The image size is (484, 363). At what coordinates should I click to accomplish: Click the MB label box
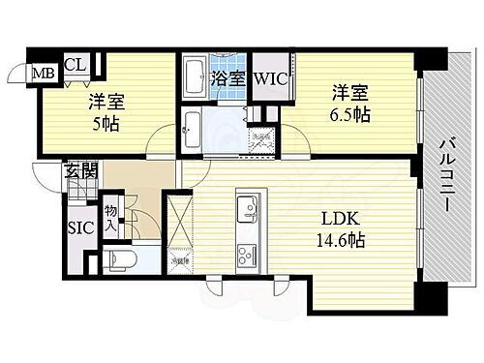(x=45, y=74)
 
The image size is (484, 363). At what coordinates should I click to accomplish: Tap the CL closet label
(x=75, y=65)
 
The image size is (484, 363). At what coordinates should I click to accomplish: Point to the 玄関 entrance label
(x=80, y=174)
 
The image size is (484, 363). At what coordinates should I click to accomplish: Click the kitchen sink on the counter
(x=246, y=208)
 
